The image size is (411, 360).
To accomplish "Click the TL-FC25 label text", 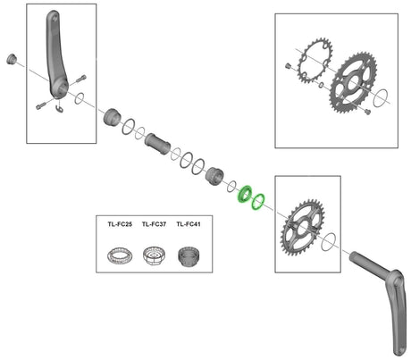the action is click(120, 224).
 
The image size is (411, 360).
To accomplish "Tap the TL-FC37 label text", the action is click(154, 224).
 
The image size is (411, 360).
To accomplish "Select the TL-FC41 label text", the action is click(189, 224).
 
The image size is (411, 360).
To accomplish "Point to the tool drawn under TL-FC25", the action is click(120, 255).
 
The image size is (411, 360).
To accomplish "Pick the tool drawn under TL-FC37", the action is click(155, 255).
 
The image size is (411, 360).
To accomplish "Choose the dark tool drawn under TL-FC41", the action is click(189, 256).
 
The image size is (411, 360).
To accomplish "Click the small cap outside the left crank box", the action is click(12, 59).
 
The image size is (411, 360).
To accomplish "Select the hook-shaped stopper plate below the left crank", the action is click(60, 109).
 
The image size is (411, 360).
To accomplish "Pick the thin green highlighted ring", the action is click(258, 201).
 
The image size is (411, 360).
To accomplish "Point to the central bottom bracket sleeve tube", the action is click(157, 144).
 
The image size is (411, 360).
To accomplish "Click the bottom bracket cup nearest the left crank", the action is click(113, 117).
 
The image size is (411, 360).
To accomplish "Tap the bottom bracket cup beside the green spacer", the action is click(214, 176).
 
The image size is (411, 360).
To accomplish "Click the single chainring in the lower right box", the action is click(302, 227).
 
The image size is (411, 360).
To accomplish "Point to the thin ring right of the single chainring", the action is click(329, 241).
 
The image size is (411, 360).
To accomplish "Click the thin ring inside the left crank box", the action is click(79, 98).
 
